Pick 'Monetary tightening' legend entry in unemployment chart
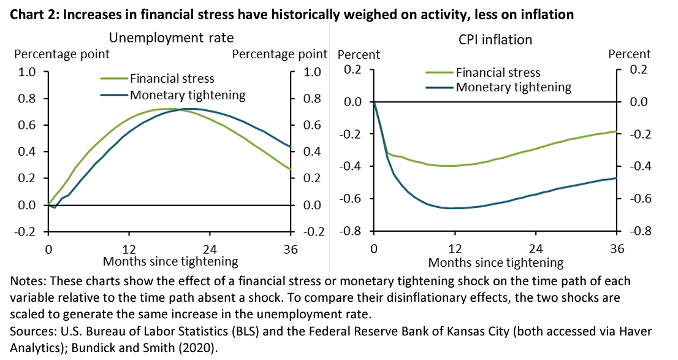click(x=187, y=95)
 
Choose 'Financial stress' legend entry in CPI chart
click(x=498, y=73)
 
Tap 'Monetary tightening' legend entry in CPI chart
click(x=513, y=87)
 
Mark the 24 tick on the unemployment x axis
click(x=210, y=250)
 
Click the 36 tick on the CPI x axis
click(x=616, y=250)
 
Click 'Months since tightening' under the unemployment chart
click(x=170, y=261)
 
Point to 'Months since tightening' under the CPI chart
click(x=495, y=262)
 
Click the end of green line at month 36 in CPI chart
click(x=615, y=131)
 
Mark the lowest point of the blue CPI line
click(x=454, y=209)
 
